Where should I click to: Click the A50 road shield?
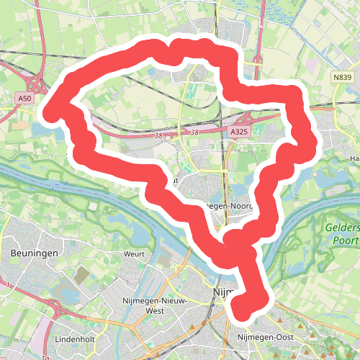click(x=25, y=97)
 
